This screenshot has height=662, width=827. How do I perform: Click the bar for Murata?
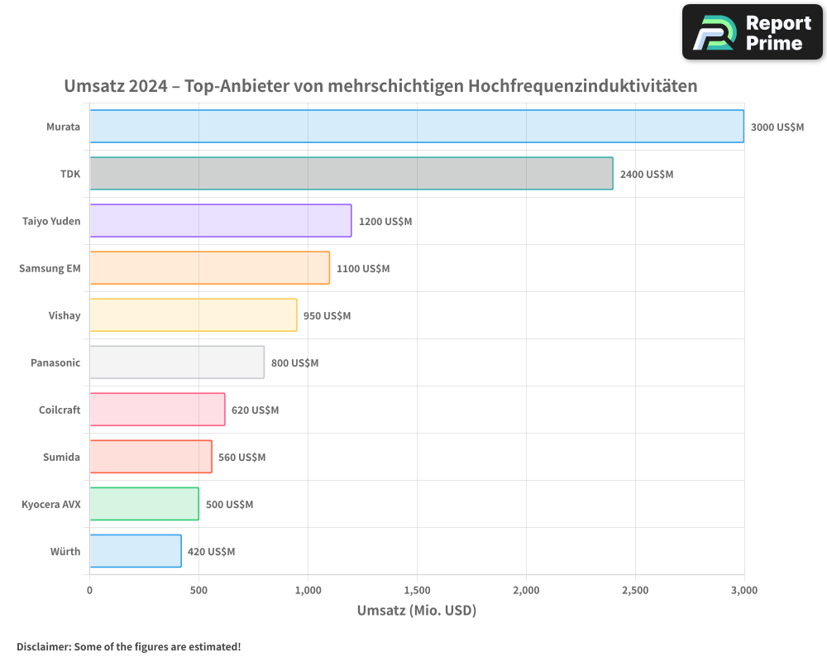417,127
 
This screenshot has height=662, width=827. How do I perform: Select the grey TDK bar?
351,174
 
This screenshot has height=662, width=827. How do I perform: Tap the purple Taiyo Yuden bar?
221,221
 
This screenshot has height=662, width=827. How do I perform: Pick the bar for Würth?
136,551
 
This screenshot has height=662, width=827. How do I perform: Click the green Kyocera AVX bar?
144,504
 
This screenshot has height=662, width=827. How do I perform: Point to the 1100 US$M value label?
363,269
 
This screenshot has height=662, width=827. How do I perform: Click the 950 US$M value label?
327,316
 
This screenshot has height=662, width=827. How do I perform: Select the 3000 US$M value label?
777,127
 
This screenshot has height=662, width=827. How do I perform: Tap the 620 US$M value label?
255,410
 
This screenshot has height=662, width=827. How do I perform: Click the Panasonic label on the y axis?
55,362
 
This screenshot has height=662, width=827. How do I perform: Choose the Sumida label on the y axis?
61,457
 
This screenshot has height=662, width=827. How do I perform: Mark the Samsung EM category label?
50,268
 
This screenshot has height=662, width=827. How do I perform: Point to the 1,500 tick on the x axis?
417,591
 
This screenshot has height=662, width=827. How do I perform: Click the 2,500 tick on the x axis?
635,591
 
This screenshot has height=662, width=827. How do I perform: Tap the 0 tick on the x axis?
90,591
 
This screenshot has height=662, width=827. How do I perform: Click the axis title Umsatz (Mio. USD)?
417,611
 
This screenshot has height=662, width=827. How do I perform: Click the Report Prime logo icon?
714,32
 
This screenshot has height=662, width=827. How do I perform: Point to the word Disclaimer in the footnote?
43,646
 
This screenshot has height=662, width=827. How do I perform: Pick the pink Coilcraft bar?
157,410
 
